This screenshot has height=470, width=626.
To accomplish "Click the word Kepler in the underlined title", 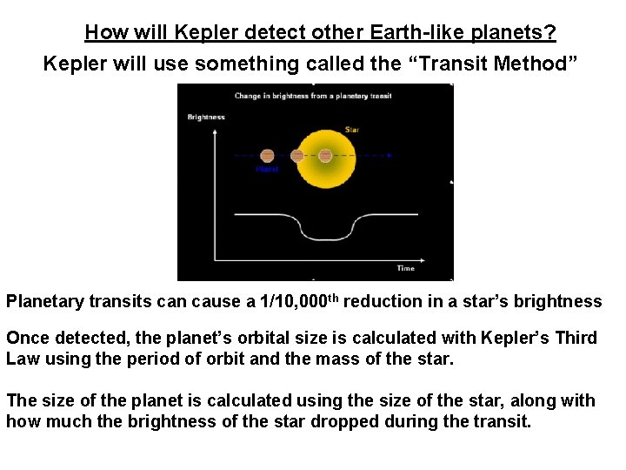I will [x=199, y=33].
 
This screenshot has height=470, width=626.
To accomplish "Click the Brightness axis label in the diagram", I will [x=206, y=117].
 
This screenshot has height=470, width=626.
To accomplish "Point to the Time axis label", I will [x=405, y=268].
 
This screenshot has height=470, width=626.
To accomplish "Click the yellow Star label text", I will [x=352, y=130].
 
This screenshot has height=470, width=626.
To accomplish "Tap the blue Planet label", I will [x=266, y=169].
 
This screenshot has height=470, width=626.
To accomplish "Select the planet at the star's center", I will [x=325, y=155].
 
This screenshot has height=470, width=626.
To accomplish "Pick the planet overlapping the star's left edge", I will [x=296, y=155].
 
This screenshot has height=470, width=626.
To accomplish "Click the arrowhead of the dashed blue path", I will [x=390, y=155].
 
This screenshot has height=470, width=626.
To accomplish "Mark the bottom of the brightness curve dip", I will [x=326, y=238].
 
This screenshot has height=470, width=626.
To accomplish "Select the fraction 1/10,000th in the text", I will [x=303, y=301].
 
